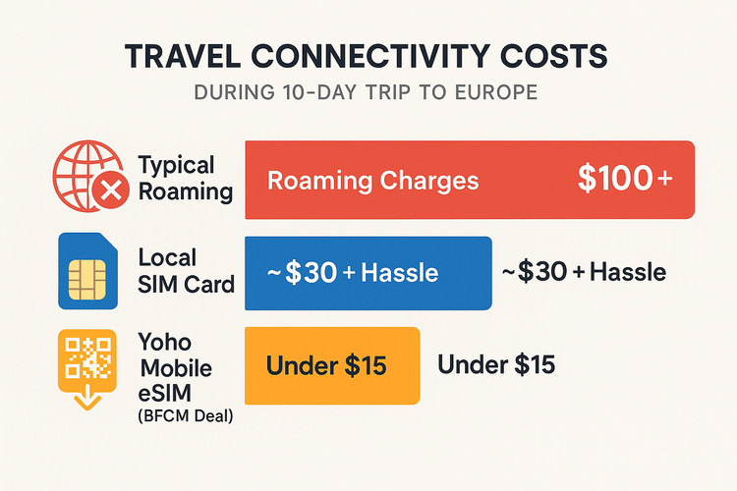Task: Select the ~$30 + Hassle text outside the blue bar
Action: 584,273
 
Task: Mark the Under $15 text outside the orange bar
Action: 496,365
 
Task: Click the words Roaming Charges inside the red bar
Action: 373,181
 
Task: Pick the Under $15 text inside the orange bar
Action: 326,366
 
